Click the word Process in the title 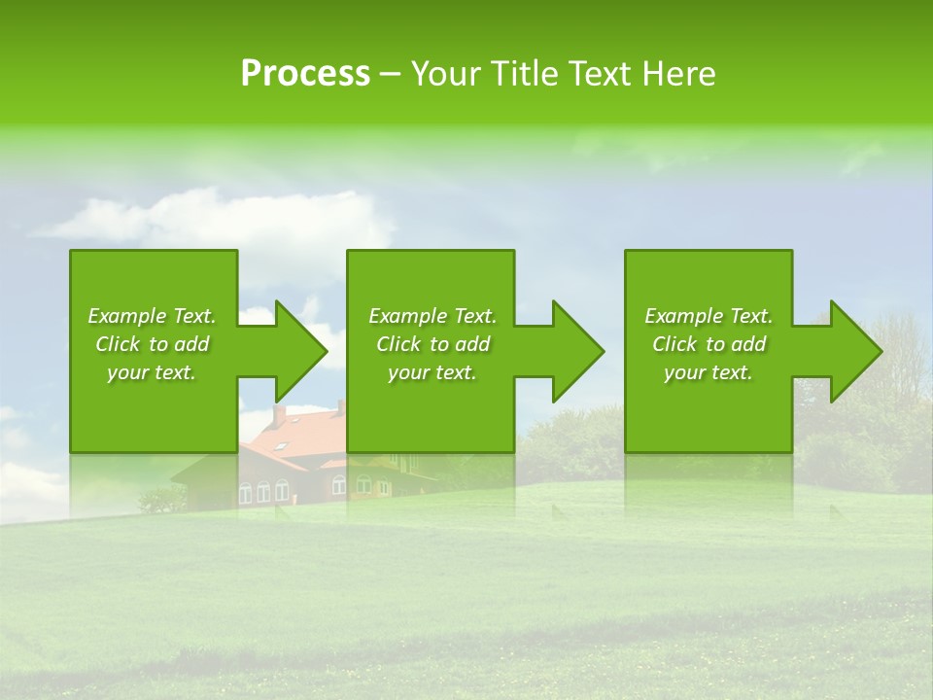(305, 74)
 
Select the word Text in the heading (601, 74)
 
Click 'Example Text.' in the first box (152, 316)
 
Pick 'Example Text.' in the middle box (432, 316)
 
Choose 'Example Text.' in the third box (708, 316)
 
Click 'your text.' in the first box (152, 372)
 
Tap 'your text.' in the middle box (432, 372)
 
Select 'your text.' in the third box (708, 372)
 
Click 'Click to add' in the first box (152, 344)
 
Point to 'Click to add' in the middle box (432, 344)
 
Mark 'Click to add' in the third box (708, 344)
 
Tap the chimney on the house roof (279, 415)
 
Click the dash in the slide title (390, 75)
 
